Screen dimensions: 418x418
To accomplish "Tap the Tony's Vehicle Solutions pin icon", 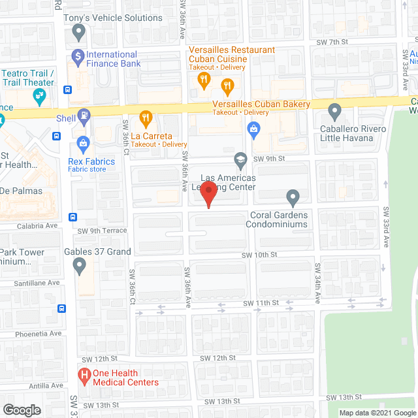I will click(x=80, y=31).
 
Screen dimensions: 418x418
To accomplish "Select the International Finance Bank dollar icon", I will click(x=78, y=56).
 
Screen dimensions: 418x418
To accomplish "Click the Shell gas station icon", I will click(x=84, y=116).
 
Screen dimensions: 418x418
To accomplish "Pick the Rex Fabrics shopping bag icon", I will click(x=83, y=142).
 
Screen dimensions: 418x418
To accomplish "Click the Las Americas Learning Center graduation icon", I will click(x=240, y=159).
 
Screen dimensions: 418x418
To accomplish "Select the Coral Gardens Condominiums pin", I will click(x=293, y=196).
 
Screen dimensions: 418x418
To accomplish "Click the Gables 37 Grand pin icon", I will click(x=80, y=266).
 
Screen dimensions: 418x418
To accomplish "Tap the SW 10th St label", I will click(x=261, y=254).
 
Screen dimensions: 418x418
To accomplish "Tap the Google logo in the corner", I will click(x=21, y=410).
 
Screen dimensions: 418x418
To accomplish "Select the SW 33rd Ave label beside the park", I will click(x=386, y=227).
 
